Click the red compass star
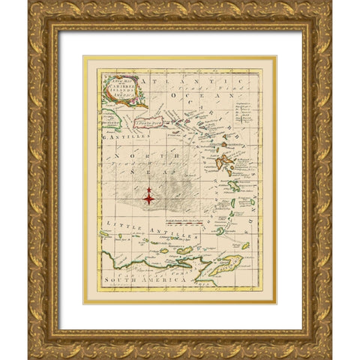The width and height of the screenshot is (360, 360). point(149,198)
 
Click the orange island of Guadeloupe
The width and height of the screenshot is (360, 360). point(224,161)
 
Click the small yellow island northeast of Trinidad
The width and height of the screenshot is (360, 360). point(245,245)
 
